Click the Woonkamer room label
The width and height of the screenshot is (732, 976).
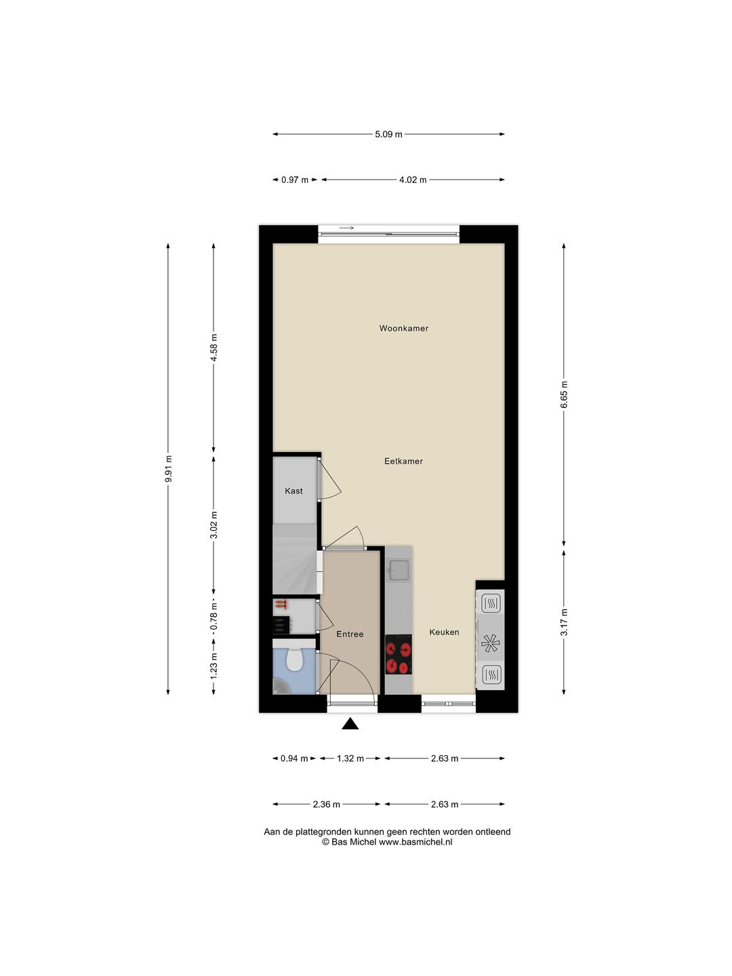pos(403,328)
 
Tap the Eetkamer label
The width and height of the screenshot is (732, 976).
pos(403,461)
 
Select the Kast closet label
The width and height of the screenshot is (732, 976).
pos(293,491)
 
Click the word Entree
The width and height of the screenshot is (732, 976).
pos(350,634)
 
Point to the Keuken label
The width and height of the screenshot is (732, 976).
pos(444,632)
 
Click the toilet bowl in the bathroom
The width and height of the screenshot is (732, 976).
pos(294,659)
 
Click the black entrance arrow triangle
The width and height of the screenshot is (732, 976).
pos(350,724)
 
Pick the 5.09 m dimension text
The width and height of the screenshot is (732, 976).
pos(388,134)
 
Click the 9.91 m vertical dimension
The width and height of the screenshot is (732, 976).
pos(168,468)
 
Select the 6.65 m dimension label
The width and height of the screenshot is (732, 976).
pos(564,394)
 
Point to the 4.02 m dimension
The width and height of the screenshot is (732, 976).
pos(413,180)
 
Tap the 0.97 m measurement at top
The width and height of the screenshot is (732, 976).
pos(295,180)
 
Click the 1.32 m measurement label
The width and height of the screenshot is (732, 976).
pos(350,758)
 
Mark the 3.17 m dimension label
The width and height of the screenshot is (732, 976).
pos(564,622)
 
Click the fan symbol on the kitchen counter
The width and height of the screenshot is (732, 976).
pos(490,642)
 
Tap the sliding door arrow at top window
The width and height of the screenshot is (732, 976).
pos(347,228)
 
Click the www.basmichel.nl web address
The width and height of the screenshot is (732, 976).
pos(415,842)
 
